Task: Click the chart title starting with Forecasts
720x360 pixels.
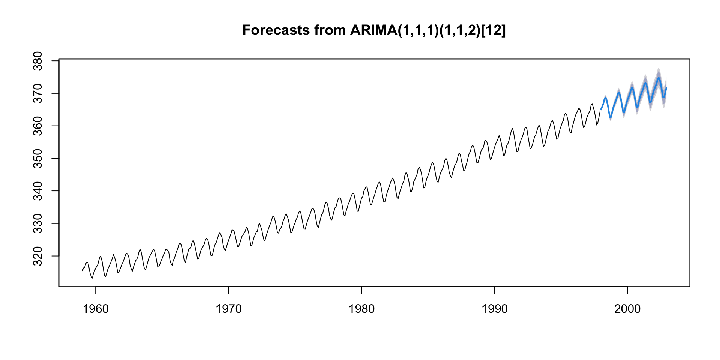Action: (x=374, y=30)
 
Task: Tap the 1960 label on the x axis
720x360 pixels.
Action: (x=96, y=309)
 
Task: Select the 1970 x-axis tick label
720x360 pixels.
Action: (x=228, y=309)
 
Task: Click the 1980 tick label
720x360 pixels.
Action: (x=361, y=309)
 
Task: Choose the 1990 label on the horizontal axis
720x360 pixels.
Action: (x=495, y=309)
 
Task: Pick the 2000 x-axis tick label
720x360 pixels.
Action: (x=627, y=309)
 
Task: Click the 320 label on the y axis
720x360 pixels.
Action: (x=38, y=256)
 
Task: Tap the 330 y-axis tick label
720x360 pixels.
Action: (x=38, y=223)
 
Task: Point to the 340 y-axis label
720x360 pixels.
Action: (x=38, y=191)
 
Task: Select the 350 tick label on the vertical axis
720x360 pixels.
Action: (x=38, y=158)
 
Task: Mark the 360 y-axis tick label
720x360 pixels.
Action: (x=38, y=126)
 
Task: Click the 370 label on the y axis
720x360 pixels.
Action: (x=38, y=93)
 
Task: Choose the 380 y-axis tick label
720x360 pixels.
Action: (x=38, y=61)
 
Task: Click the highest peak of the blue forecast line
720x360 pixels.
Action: (x=658, y=78)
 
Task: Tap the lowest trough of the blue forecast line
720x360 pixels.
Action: (x=610, y=118)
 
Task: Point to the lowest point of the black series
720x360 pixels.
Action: (x=92, y=278)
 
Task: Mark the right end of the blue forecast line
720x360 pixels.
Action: (x=666, y=88)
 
